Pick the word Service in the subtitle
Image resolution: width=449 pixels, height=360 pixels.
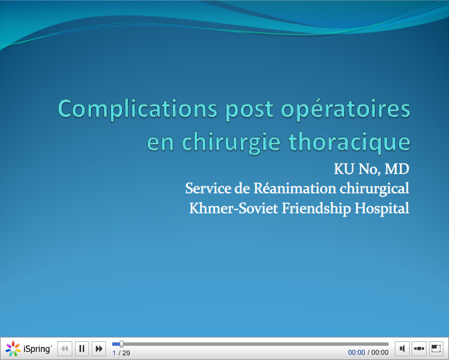coord(208,188)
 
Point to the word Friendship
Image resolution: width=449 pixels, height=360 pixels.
coord(317,208)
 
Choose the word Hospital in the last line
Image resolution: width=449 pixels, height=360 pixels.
coord(382,208)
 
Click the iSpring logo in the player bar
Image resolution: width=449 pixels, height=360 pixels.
coord(29,349)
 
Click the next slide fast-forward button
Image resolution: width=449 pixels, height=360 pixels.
coord(99,349)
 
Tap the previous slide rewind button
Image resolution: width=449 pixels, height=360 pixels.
coord(65,349)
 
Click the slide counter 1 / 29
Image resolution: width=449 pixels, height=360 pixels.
coord(121,353)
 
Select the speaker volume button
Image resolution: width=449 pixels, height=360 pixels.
coord(403,349)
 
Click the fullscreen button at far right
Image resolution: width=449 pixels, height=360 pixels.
coord(436,349)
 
